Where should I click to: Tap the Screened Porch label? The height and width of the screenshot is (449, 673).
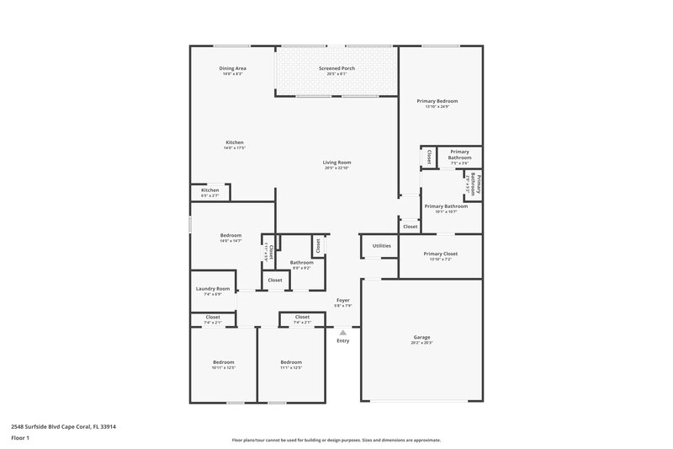click(x=337, y=68)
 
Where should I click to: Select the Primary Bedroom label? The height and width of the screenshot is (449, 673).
click(x=437, y=101)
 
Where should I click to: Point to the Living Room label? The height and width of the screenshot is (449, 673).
click(x=337, y=162)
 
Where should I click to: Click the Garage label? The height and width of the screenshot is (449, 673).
click(x=421, y=337)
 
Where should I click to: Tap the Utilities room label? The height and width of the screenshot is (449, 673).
click(x=382, y=246)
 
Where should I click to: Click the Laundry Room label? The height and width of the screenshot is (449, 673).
click(x=213, y=289)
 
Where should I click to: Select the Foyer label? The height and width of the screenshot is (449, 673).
click(x=343, y=300)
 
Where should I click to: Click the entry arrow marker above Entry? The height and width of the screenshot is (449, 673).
click(x=342, y=333)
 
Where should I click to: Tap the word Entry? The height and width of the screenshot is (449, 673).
click(x=343, y=340)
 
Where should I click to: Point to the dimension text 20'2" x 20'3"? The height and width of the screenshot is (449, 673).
click(x=421, y=343)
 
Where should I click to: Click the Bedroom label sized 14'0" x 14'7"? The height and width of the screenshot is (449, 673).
click(x=231, y=235)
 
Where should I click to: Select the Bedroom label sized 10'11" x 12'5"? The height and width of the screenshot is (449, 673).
click(x=223, y=362)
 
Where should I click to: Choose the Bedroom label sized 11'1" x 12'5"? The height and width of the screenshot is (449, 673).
click(x=291, y=362)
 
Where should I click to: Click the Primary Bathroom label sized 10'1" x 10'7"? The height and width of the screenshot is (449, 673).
click(x=446, y=206)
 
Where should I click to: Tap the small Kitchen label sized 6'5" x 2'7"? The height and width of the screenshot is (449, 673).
click(x=210, y=190)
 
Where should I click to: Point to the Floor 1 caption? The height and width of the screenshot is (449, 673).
click(x=21, y=439)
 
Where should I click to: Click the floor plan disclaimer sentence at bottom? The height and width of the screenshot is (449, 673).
click(x=336, y=440)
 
